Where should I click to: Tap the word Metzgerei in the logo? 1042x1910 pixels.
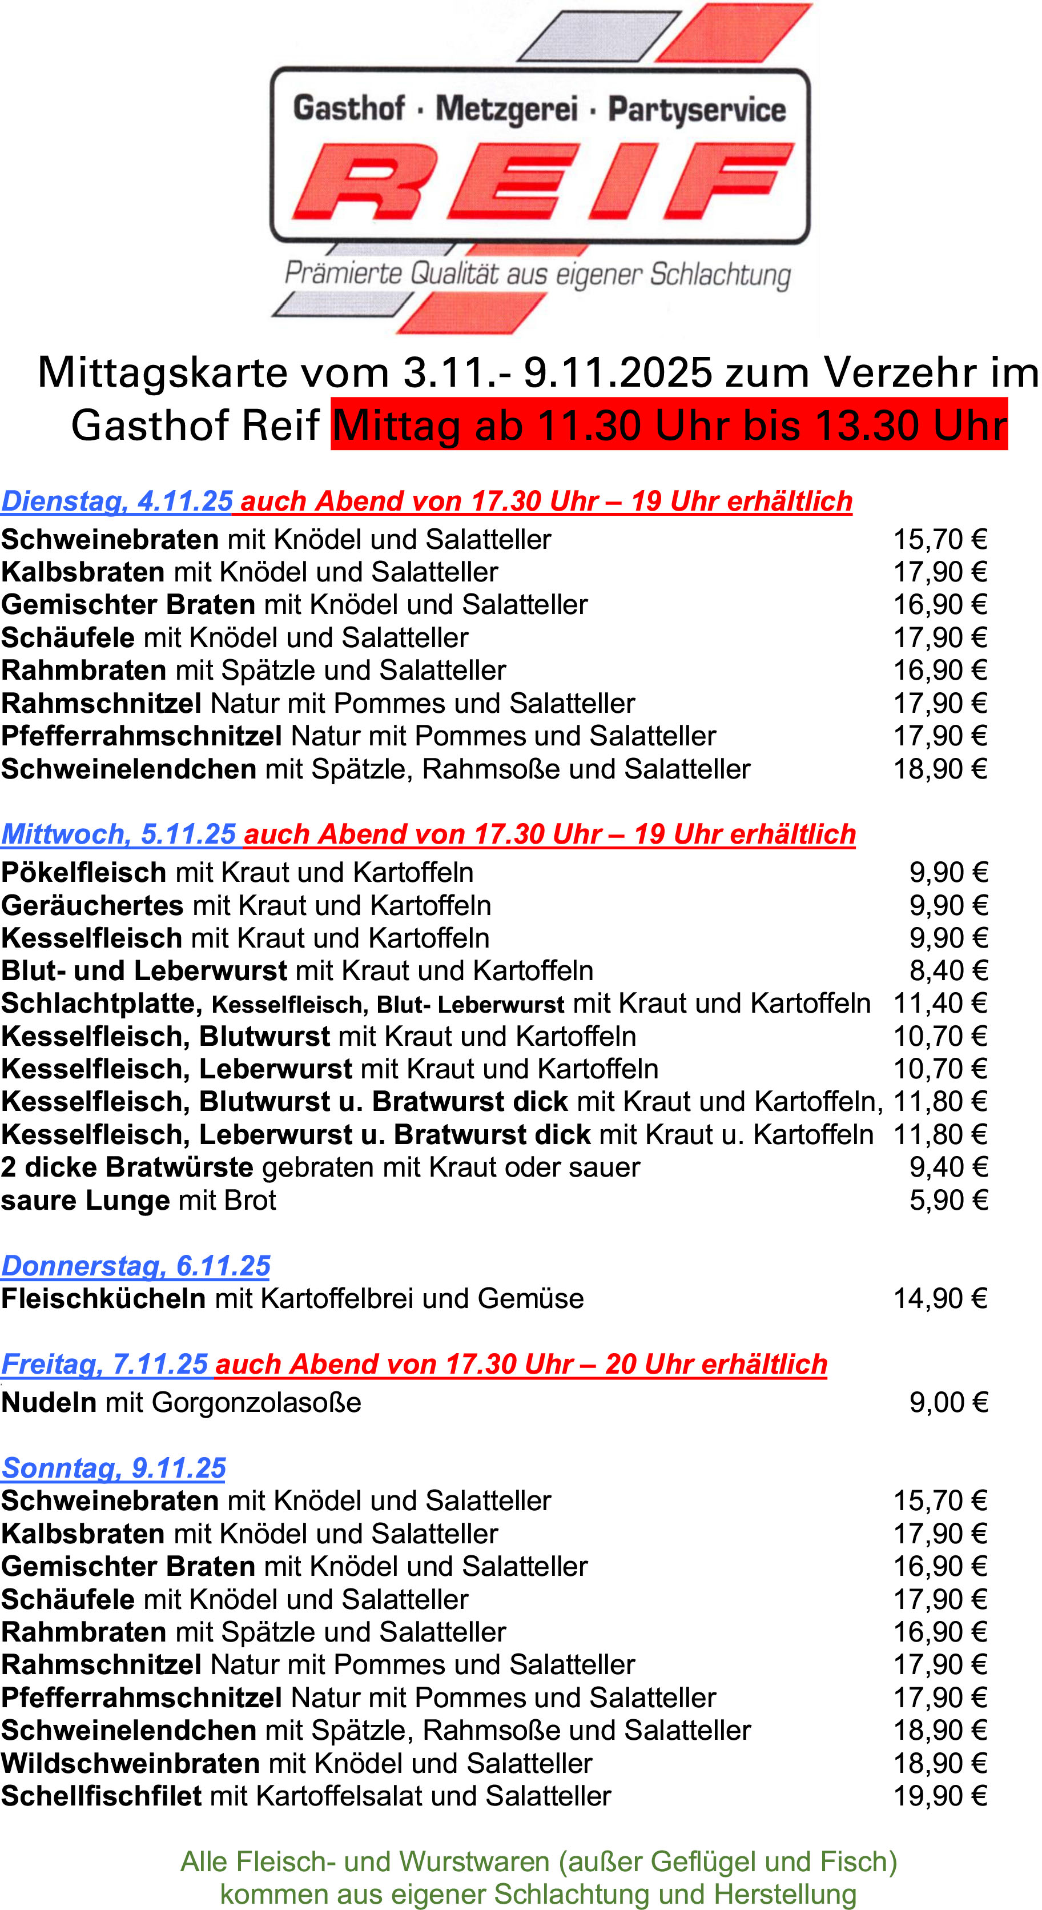506,109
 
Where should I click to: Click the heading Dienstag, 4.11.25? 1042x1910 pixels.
117,501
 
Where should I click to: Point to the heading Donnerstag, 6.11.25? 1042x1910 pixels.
136,1266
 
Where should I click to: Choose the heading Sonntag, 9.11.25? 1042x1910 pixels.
114,1468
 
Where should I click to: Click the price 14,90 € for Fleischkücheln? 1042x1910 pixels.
940,1298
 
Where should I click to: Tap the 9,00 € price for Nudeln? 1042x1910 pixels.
948,1402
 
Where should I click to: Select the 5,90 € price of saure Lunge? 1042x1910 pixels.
948,1199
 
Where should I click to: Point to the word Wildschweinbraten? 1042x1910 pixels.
130,1763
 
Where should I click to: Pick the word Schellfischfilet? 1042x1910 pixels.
102,1796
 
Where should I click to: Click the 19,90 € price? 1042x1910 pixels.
940,1796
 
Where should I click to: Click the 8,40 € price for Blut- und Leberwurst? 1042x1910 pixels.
948,970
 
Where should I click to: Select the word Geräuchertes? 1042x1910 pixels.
92,905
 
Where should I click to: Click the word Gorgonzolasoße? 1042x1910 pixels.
256,1402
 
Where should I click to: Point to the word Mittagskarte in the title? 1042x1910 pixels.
162,371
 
